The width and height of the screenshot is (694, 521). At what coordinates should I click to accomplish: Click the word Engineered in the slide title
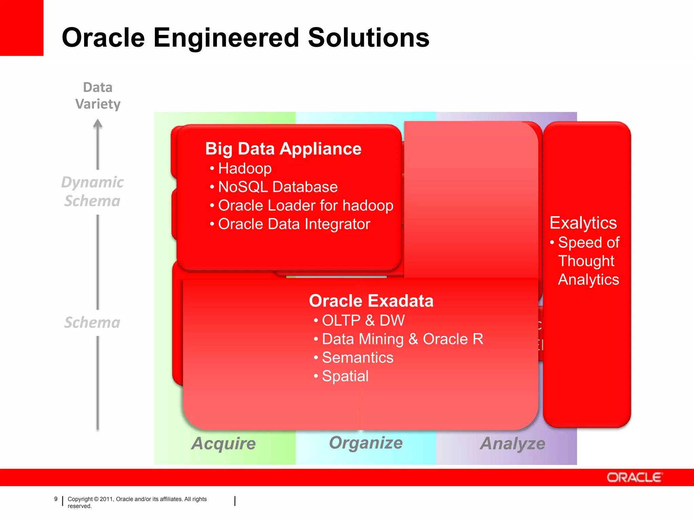point(226,38)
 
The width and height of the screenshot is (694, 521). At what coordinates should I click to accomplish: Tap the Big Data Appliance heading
point(283,149)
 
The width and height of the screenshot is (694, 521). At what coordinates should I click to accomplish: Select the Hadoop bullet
point(244,169)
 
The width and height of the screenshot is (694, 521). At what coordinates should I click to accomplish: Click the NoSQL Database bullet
point(278,187)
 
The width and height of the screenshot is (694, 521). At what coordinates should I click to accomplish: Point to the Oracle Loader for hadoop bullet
point(305,206)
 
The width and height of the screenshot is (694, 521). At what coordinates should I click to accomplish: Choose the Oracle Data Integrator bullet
point(294,224)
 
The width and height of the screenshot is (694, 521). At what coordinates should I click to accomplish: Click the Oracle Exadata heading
point(371,301)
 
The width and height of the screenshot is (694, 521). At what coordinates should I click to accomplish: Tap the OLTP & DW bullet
point(363,321)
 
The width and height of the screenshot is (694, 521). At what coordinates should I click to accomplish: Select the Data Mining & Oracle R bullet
point(402,339)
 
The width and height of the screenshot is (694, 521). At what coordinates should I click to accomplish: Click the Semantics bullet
point(357,358)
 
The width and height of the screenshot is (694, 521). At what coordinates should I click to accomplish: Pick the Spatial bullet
point(345,376)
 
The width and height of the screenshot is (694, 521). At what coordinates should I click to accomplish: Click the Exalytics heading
point(583,223)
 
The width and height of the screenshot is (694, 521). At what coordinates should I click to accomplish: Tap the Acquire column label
point(224,443)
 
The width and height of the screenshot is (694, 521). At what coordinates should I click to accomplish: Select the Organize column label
point(366,443)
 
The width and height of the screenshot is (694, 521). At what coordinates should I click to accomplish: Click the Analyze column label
point(513,443)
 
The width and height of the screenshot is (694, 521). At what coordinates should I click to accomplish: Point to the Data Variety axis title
point(98,96)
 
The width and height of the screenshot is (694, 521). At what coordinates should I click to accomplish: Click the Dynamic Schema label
point(93,192)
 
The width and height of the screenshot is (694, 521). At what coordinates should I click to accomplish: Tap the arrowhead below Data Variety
point(98,124)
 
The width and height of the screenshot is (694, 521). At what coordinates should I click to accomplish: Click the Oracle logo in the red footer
point(634,478)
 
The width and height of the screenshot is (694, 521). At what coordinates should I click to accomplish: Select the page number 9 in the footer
point(56,499)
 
